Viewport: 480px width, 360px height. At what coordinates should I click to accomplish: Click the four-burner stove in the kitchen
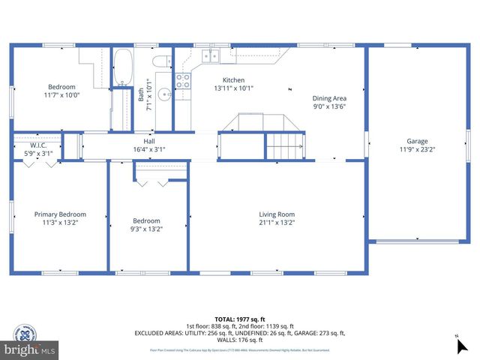[x=182, y=81]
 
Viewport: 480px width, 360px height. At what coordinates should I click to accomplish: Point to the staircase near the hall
[x=285, y=144]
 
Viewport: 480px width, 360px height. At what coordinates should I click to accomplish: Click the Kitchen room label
[x=233, y=79]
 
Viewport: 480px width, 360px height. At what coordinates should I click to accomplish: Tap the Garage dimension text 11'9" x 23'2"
[x=417, y=149]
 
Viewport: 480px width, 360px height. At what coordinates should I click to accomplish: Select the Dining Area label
[x=328, y=97]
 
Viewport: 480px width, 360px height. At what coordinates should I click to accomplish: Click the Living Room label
[x=277, y=214]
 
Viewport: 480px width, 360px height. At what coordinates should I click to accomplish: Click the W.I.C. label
[x=37, y=145]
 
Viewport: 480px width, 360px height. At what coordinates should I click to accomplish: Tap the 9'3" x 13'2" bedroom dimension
[x=146, y=229]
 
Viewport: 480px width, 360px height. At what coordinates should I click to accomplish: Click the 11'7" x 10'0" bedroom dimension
[x=62, y=95]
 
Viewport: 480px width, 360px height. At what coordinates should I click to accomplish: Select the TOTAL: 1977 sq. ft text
[x=239, y=318]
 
